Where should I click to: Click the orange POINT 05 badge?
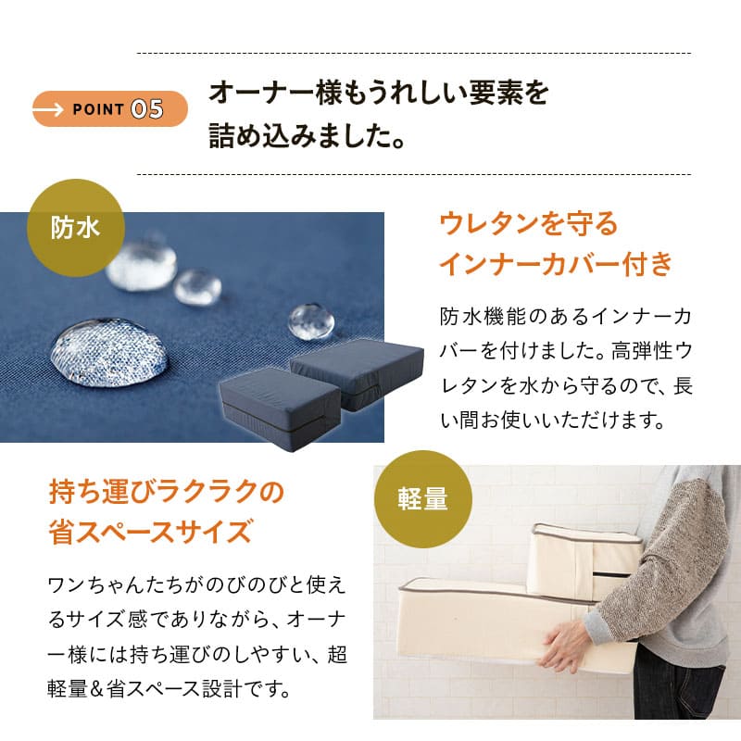(x=109, y=109)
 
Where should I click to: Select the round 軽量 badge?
(x=422, y=499)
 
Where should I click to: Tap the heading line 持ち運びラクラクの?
(x=166, y=491)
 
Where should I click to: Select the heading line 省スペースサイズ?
(x=150, y=532)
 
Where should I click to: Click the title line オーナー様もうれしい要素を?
(x=379, y=93)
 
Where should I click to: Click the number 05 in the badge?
(x=147, y=109)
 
